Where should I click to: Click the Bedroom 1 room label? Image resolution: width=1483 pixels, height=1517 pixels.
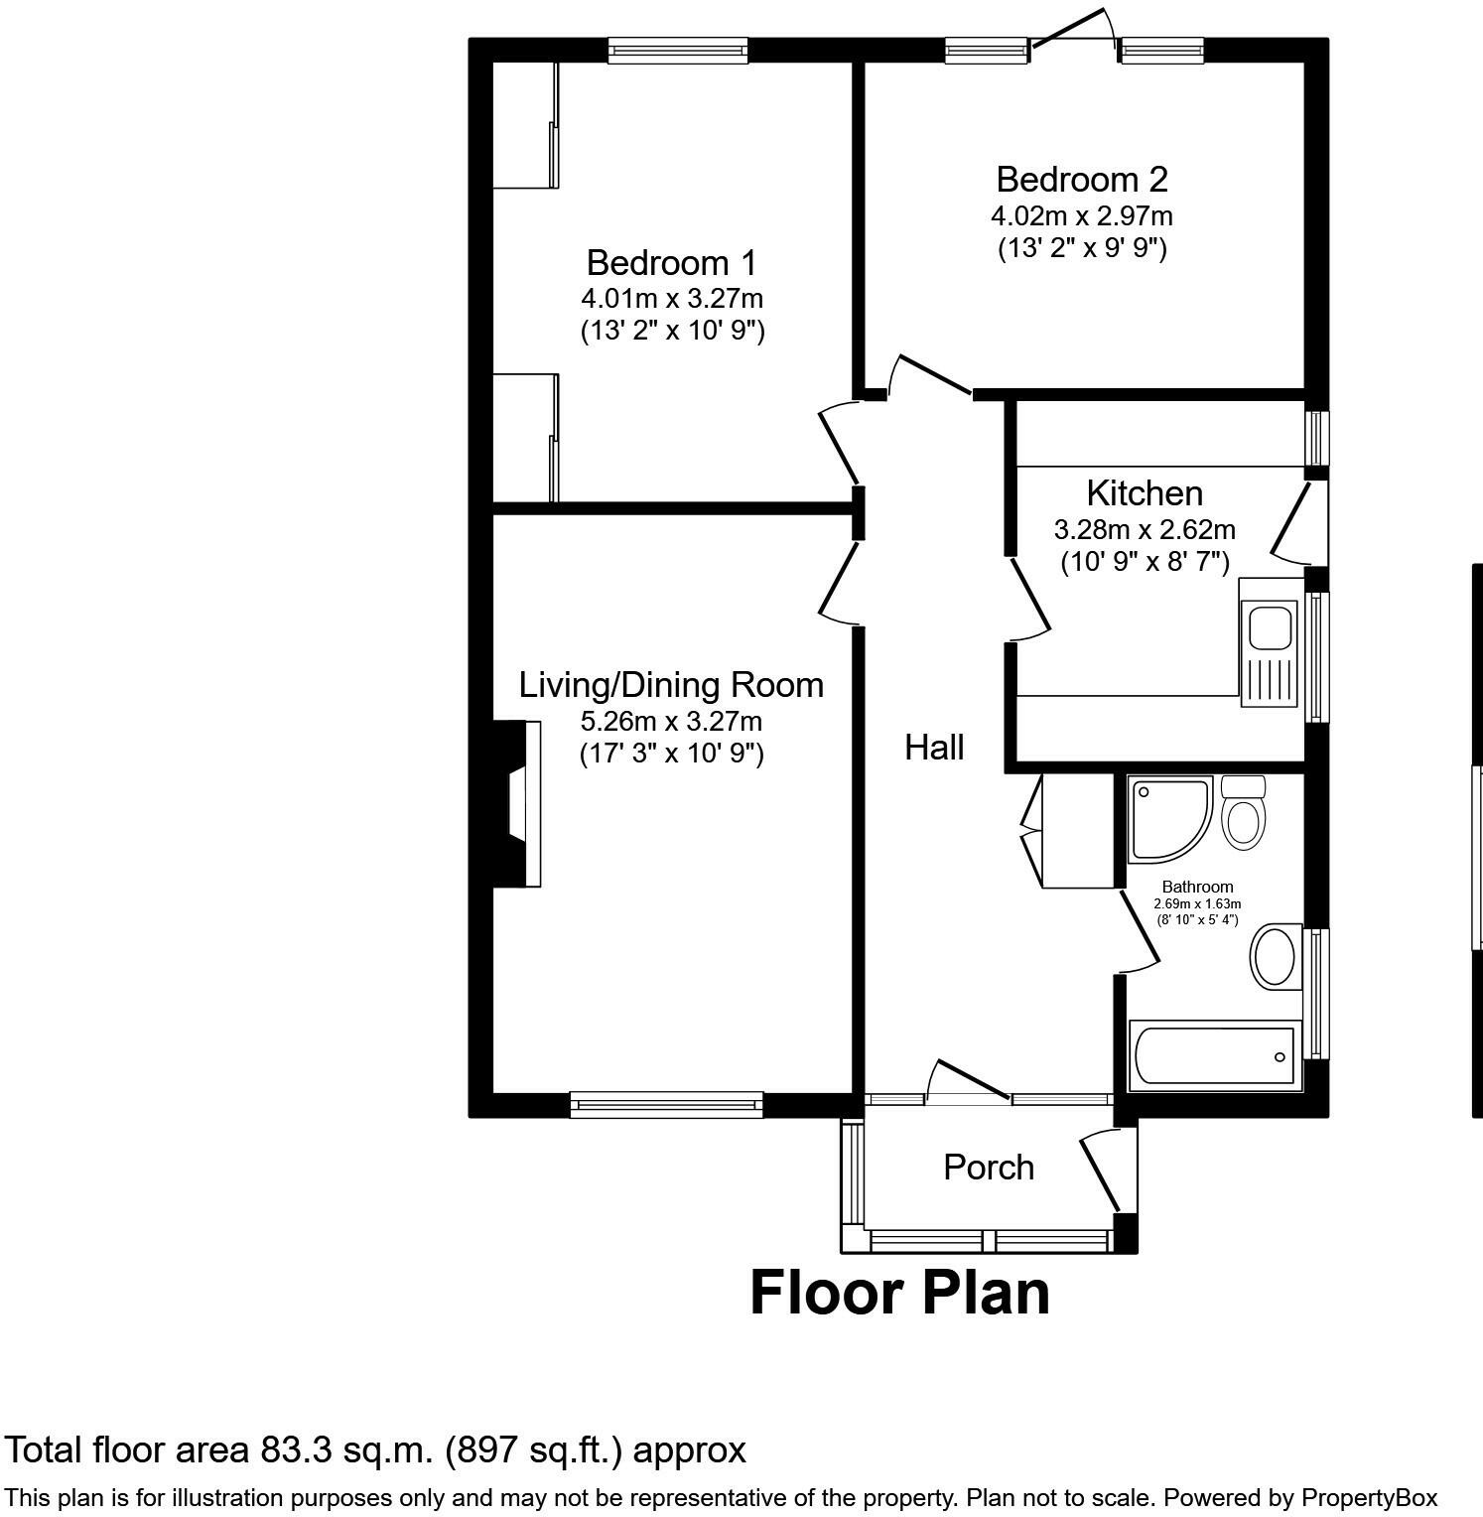tap(671, 263)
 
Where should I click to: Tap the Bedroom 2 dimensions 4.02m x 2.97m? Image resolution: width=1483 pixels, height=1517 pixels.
tap(1081, 215)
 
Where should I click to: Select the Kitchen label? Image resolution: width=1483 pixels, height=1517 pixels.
tap(1144, 493)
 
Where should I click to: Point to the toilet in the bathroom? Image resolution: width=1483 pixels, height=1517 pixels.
tap(1243, 814)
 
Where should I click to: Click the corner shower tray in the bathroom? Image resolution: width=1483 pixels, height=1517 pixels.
tap(1167, 818)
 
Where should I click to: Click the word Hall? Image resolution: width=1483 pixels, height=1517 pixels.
tap(934, 748)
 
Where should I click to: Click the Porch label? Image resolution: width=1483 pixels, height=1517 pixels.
tap(989, 1168)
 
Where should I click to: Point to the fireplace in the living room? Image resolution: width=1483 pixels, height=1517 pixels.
tap(519, 803)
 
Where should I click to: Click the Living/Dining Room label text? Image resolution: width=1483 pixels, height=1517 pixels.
tap(671, 685)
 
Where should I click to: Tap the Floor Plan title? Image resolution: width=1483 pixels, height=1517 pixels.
tap(899, 1294)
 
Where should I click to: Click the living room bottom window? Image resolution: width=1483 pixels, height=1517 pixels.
tap(666, 1101)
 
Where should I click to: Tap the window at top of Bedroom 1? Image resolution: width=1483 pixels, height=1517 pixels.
tap(677, 50)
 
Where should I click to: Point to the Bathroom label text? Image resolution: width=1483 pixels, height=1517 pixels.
tap(1197, 887)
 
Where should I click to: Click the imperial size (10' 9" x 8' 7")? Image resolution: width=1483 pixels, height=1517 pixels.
tap(1145, 563)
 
